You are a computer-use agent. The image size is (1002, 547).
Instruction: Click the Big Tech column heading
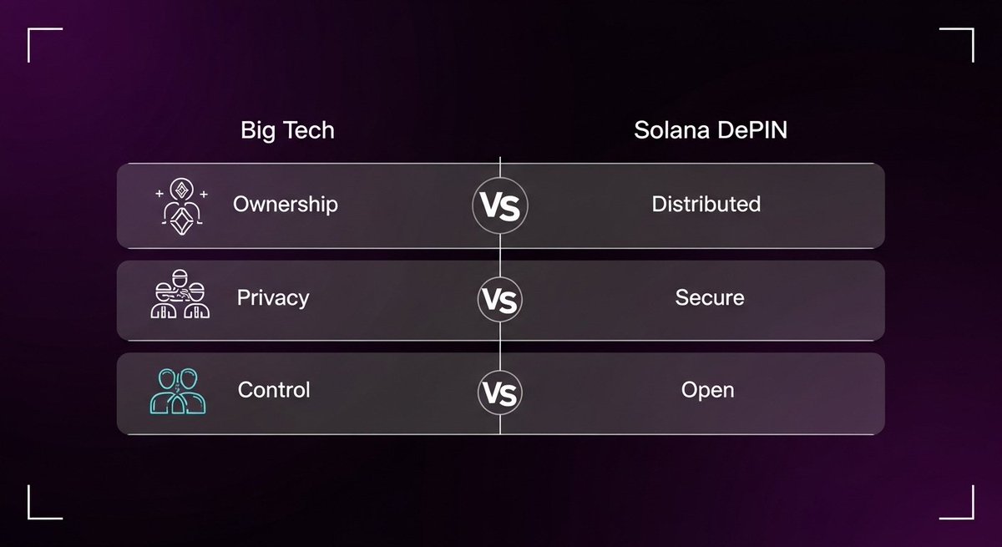pos(287,130)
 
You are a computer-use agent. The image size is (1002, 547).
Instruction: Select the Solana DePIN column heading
pos(711,130)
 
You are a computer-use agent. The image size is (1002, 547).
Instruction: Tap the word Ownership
pos(286,205)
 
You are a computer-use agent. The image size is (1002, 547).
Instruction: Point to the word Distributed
pos(706,204)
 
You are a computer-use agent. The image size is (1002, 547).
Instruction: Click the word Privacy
pos(273,298)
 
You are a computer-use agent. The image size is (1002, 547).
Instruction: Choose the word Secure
pos(710,297)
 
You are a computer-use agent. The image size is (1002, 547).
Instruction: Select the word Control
pos(274,389)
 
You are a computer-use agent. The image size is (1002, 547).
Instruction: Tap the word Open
pos(708,390)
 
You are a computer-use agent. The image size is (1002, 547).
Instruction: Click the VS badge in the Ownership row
pos(500,205)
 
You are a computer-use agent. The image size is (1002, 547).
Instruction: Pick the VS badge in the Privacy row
pos(500,299)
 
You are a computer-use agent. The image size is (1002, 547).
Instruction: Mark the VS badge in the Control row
pos(500,393)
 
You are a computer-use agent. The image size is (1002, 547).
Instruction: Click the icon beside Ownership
pos(181,206)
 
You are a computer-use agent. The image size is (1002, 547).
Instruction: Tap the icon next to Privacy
pos(180,294)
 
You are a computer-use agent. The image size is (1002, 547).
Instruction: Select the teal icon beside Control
pos(178,392)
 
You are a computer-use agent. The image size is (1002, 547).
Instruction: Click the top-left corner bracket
pos(28,29)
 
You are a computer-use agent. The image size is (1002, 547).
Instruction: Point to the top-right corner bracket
pos(973,29)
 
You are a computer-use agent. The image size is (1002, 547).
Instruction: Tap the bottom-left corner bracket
pos(28,519)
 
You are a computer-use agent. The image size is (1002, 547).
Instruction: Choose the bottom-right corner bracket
pos(973,519)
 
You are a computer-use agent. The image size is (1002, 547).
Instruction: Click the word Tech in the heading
pos(309,130)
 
